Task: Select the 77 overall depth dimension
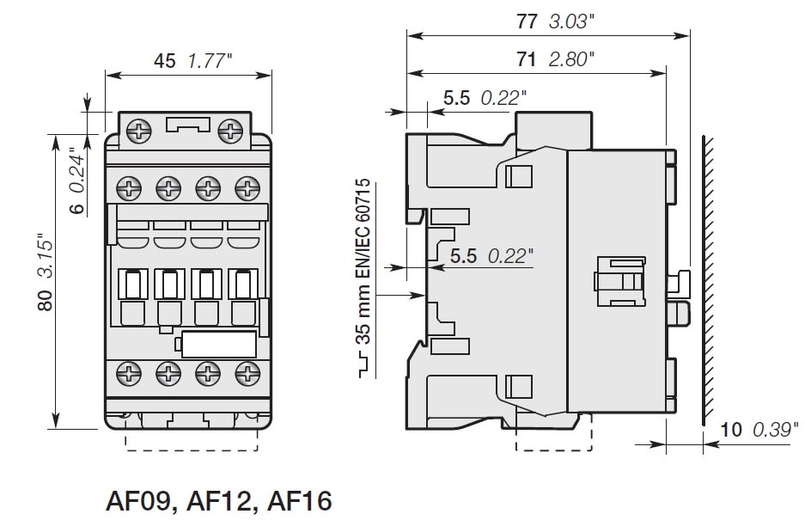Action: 527,22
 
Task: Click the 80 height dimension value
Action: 46,298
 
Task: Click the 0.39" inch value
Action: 773,430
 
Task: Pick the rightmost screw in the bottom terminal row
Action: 247,374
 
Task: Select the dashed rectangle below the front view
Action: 192,438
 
